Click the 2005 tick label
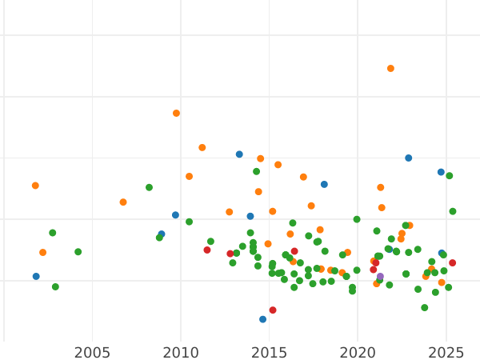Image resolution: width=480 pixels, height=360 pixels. click(92, 353)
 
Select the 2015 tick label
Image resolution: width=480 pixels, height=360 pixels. click(270, 353)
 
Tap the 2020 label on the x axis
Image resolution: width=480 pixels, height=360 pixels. click(358, 353)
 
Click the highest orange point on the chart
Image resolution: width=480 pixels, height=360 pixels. click(390, 69)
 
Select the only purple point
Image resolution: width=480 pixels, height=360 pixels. click(380, 277)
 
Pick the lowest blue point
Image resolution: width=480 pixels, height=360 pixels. click(262, 319)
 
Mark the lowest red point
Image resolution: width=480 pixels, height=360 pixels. click(273, 310)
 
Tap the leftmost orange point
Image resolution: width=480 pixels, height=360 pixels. click(35, 186)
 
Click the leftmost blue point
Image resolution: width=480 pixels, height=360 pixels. click(36, 277)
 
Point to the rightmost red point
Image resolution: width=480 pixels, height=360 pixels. click(452, 263)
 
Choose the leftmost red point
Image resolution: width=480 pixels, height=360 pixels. click(207, 250)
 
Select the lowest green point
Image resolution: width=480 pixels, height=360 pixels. click(425, 308)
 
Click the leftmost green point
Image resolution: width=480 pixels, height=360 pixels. click(53, 233)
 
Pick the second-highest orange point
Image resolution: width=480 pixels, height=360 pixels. click(176, 114)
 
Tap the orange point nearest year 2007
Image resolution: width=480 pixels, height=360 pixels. click(123, 202)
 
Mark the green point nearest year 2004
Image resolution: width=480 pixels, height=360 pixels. click(78, 252)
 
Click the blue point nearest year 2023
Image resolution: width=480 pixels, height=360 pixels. click(408, 158)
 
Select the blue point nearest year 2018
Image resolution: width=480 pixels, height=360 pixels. click(324, 185)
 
